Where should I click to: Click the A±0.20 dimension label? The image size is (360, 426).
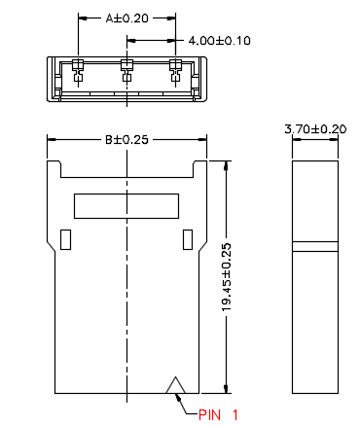pos(126,18)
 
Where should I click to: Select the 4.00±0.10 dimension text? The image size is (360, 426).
pos(220,41)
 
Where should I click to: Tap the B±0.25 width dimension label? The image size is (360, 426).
pos(126,140)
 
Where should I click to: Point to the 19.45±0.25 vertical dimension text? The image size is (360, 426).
pos(227,277)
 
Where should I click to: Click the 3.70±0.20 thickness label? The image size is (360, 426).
pos(315,129)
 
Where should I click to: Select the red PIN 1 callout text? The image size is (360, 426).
pos(218,415)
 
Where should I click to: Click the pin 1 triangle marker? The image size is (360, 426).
pos(175,385)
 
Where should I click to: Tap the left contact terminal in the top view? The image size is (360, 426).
pos(78,70)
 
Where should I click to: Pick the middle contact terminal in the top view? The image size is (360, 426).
pos(126,70)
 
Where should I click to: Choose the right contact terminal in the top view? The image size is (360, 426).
pos(175,70)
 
